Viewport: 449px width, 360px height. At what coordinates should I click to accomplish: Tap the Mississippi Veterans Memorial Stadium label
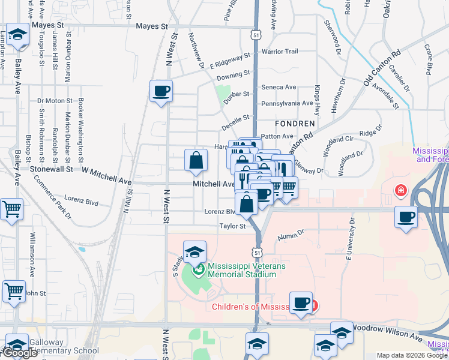pos(242,270)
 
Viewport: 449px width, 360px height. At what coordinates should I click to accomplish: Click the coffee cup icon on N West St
pos(161,91)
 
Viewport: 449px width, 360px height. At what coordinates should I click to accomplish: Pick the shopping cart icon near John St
pos(14,292)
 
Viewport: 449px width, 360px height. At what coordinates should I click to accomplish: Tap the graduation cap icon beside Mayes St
pos(17,35)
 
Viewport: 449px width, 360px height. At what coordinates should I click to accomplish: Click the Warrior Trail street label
pos(280,52)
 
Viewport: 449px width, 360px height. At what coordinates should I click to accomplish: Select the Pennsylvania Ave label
pos(287,103)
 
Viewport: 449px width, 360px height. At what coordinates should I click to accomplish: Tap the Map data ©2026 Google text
pos(412,355)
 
